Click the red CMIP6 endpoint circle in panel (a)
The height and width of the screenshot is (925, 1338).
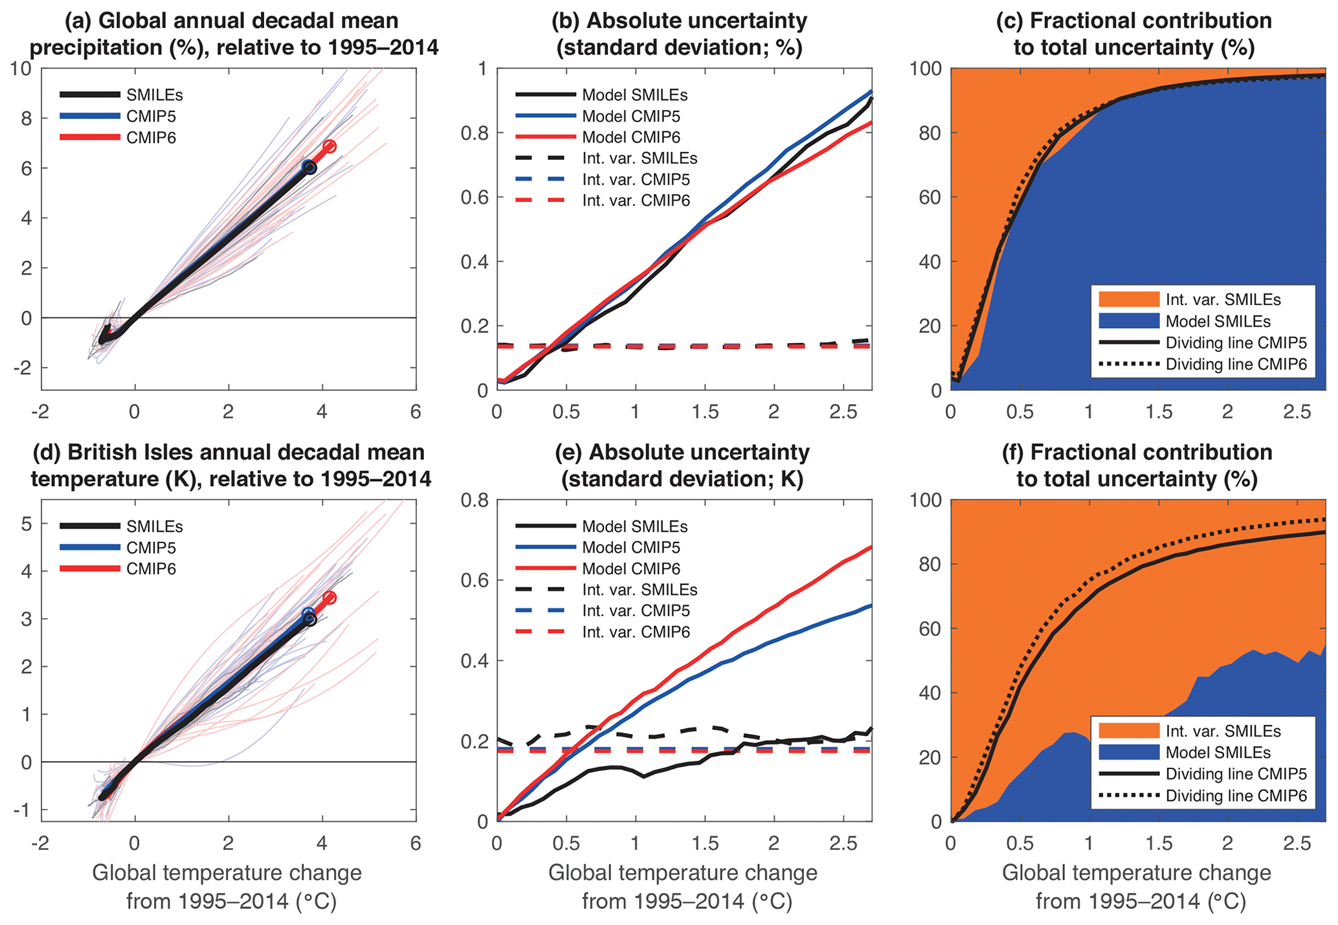coord(329,146)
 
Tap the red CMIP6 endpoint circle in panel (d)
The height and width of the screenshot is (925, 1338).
coord(329,597)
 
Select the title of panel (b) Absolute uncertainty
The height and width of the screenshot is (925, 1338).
coord(679,34)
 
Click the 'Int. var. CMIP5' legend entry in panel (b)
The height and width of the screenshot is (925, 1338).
coord(636,179)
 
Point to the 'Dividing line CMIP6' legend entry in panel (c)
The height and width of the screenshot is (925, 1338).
coord(1236,364)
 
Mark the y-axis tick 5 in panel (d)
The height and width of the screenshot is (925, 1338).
coord(26,524)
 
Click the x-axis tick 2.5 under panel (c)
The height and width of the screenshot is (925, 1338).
coord(1297,412)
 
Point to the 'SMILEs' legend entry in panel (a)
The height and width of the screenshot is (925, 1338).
coord(155,95)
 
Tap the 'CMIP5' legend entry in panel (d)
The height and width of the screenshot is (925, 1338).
coord(151,548)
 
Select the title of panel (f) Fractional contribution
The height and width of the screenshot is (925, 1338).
coord(1137,465)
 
